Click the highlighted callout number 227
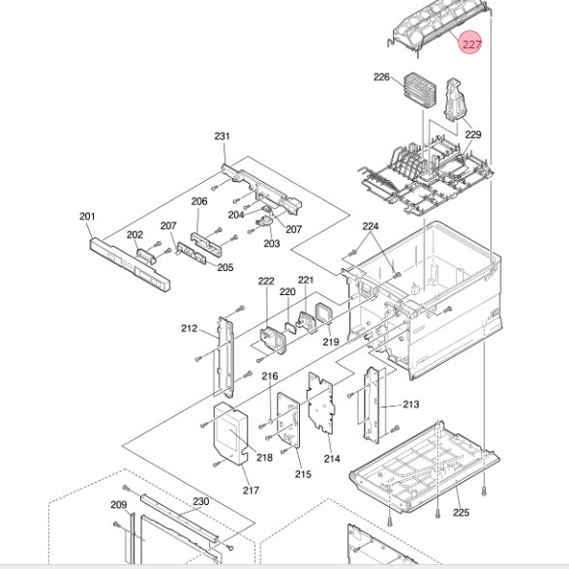click(471, 45)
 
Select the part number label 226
click(381, 77)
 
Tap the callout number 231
click(222, 136)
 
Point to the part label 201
click(87, 217)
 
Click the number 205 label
click(225, 267)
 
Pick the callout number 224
click(370, 226)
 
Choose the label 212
click(189, 328)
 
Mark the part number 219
click(331, 342)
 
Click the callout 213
click(410, 404)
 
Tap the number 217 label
click(251, 491)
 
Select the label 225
click(461, 513)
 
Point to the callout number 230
click(200, 501)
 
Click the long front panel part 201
click(130, 264)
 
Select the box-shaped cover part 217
click(229, 434)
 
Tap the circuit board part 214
click(321, 403)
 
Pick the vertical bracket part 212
click(225, 357)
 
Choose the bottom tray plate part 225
click(424, 467)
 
